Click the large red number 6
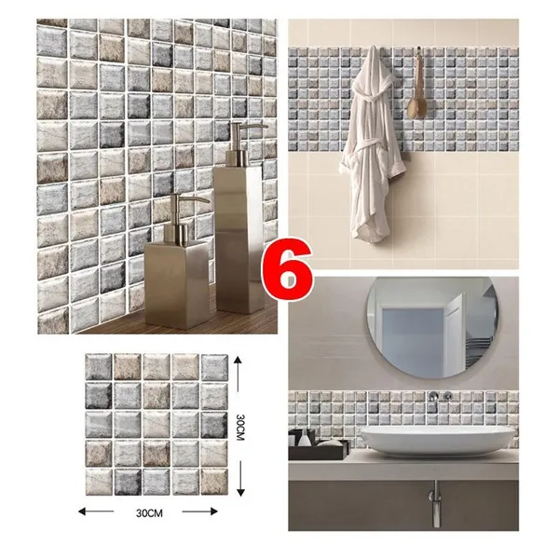(288, 269)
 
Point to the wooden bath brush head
(416, 108)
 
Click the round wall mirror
(432, 327)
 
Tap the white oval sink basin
(438, 441)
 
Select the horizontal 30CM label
(149, 513)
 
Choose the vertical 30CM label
(240, 427)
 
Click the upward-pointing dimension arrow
(239, 374)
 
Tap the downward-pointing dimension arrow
(240, 479)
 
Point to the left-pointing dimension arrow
(96, 511)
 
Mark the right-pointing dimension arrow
(200, 511)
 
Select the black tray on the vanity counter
(319, 449)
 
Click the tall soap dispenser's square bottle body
(239, 239)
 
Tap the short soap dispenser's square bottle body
(176, 283)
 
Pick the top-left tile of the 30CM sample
(99, 367)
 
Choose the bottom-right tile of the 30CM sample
(214, 482)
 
